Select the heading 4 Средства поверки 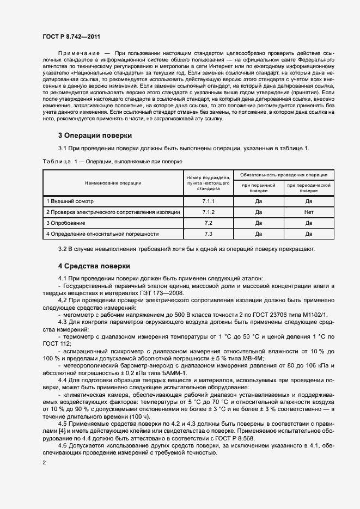94,266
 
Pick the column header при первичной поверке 259,188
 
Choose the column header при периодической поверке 308,188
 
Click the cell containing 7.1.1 208,201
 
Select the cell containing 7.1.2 208,212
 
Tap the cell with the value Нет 309,212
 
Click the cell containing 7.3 208,234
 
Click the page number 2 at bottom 44,463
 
